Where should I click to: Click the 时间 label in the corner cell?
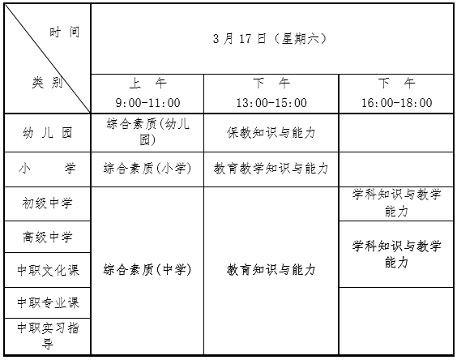[x=64, y=32]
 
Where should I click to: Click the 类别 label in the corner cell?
[x=47, y=83]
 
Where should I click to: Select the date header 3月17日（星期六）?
[x=270, y=38]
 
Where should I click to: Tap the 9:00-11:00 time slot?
[x=147, y=103]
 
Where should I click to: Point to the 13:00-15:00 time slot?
[x=271, y=103]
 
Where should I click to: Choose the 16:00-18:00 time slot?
[x=397, y=103]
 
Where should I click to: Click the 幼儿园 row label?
[x=47, y=133]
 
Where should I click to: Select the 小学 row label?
[x=47, y=169]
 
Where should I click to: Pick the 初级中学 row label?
[x=47, y=203]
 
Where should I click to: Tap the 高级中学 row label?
[x=47, y=237]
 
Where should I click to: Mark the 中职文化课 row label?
[x=48, y=270]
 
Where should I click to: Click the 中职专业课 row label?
[x=48, y=302]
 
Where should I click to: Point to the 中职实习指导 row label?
[x=48, y=336]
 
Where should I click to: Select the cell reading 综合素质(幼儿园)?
[x=147, y=132]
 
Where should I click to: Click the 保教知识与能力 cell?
[x=271, y=133]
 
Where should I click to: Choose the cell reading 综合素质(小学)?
[x=147, y=169]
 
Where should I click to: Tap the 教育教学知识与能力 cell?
[x=271, y=169]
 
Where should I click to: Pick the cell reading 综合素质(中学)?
[x=147, y=270]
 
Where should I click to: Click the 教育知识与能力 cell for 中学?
[x=271, y=270]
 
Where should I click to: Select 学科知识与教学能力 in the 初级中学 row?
[x=396, y=203]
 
